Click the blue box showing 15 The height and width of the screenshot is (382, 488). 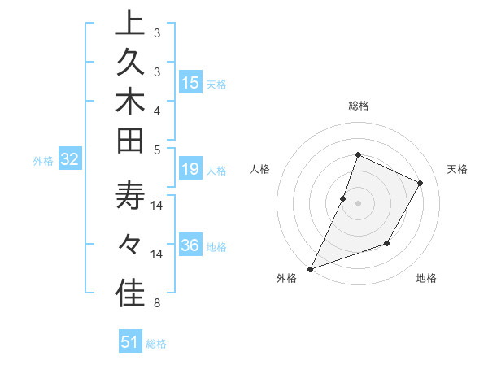tap(190, 83)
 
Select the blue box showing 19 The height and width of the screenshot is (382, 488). tap(190, 169)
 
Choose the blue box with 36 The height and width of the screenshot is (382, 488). tap(190, 245)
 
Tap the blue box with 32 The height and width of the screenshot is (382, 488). tap(70, 160)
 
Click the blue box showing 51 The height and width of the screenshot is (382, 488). tap(130, 342)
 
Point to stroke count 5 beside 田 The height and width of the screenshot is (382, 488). tap(157, 149)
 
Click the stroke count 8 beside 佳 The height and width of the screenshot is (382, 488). tap(157, 303)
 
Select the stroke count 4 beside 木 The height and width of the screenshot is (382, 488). tap(157, 110)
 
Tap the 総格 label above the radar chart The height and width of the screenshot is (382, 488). tap(358, 106)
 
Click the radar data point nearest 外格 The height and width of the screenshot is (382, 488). tap(310, 268)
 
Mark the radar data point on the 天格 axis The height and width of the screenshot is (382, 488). tap(420, 183)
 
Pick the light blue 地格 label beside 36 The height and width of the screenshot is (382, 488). tap(216, 246)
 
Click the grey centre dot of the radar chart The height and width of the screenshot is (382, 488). tap(358, 203)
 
